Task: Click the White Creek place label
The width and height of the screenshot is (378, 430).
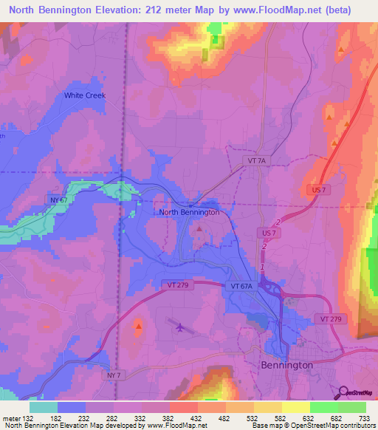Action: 85,95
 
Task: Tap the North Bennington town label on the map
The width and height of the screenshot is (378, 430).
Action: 189,212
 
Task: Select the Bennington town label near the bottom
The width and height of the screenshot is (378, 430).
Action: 287,365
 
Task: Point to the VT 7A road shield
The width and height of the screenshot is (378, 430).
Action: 255,160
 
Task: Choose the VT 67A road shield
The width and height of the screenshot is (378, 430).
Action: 241,285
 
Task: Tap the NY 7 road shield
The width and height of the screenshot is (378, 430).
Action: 112,376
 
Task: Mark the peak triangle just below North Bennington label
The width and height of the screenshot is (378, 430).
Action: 199,229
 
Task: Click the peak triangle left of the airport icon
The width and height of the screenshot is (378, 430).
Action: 139,324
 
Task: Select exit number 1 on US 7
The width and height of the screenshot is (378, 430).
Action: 261,267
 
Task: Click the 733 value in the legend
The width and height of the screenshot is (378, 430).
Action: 365,418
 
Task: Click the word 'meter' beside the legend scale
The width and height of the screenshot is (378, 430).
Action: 10,418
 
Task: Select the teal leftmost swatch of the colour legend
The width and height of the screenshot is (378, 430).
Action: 44,407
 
